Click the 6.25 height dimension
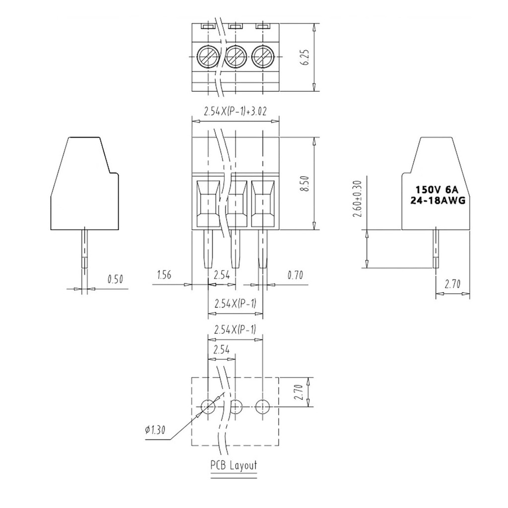tap(307, 58)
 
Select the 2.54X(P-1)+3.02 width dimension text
tap(235, 112)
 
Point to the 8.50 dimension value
tap(306, 184)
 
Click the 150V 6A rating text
tap(437, 190)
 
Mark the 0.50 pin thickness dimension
tap(115, 279)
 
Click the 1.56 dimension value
tap(164, 275)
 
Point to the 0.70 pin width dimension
tap(295, 275)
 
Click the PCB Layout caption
tap(234, 465)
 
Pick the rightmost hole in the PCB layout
tap(262, 407)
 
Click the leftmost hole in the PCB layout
tap(208, 407)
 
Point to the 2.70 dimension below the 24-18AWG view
tap(452, 285)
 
